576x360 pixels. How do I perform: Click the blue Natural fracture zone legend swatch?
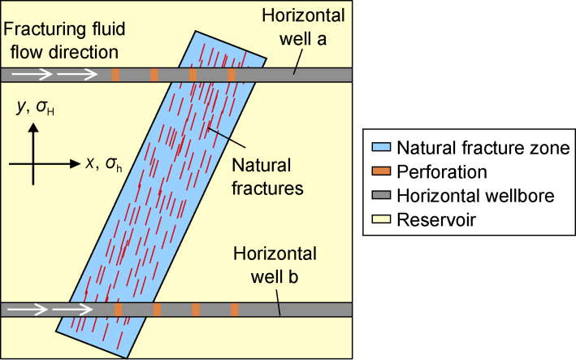[x=381, y=149]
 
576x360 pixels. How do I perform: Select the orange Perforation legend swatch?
[x=381, y=172]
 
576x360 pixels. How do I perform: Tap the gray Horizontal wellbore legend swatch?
[x=381, y=196]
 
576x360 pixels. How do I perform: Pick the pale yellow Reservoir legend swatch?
[x=381, y=219]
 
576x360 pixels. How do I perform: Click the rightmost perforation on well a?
[x=232, y=75]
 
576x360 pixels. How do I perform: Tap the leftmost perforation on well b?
[x=119, y=310]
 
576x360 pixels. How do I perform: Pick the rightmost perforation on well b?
[x=234, y=310]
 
